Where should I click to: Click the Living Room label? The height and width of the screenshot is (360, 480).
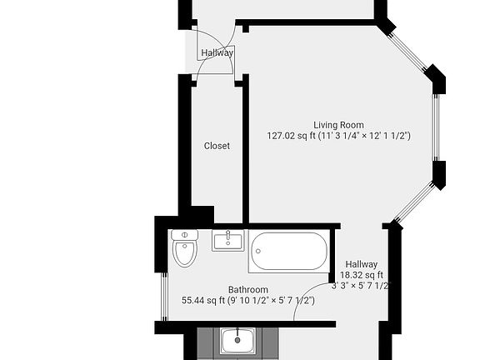338,125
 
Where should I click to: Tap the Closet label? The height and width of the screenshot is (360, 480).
217,146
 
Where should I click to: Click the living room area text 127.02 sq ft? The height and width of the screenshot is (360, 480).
292,135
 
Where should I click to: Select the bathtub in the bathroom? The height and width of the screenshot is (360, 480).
289,251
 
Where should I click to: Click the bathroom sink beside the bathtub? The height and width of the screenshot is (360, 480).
227,241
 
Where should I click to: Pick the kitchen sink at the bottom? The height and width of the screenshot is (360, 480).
238,340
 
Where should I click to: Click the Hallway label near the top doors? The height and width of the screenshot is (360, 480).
217,53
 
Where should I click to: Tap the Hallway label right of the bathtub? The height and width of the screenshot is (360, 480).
361,265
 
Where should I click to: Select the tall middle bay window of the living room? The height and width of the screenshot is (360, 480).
434,127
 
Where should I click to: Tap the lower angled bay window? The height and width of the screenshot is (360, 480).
415,202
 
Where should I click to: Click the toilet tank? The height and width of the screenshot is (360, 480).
184,235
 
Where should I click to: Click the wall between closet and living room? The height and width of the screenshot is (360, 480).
245,150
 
